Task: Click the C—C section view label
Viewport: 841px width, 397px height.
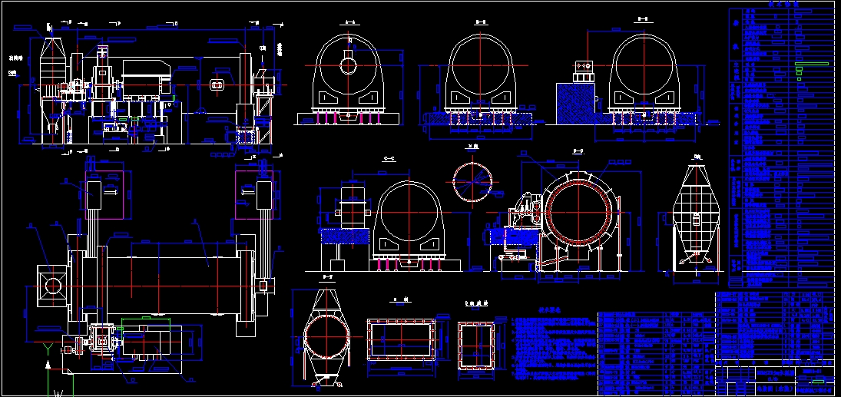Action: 388,158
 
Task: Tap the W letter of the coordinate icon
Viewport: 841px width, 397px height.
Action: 58,392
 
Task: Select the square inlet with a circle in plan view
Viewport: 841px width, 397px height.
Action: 52,286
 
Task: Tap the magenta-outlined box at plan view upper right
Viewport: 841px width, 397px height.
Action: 253,195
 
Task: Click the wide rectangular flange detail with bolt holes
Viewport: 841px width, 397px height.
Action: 402,339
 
